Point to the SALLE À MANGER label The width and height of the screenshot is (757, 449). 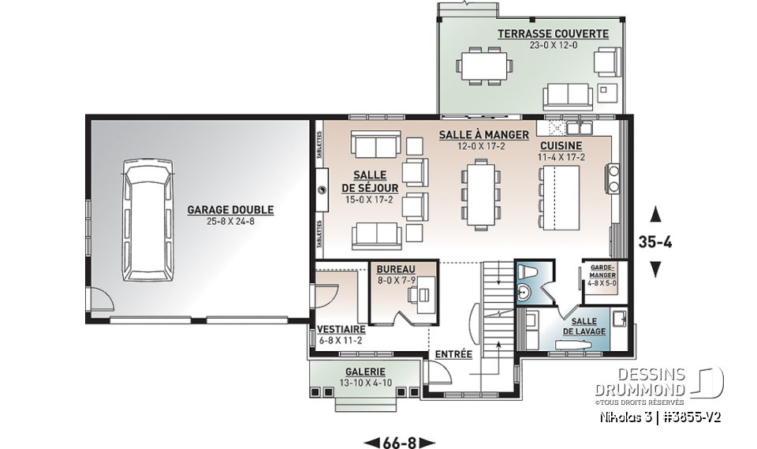(473, 135)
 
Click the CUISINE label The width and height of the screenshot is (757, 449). (561, 146)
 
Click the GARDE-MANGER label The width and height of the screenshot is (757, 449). (603, 271)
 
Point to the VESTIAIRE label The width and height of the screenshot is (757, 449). (341, 330)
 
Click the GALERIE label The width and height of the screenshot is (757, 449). (364, 372)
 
